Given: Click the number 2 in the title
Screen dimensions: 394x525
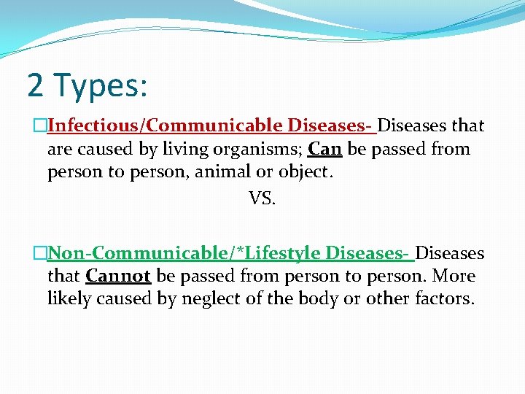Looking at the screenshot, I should (x=36, y=85).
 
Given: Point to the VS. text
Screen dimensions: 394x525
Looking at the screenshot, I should (x=262, y=198).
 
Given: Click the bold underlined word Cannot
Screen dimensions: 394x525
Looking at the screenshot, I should (x=118, y=277).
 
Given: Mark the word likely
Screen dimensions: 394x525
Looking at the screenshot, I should (x=68, y=299).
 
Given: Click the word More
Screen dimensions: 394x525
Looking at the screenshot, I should (x=453, y=277).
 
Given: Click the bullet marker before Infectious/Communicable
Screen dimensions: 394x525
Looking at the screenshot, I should (x=42, y=126).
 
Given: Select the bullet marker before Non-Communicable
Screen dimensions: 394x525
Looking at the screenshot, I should (x=42, y=253).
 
